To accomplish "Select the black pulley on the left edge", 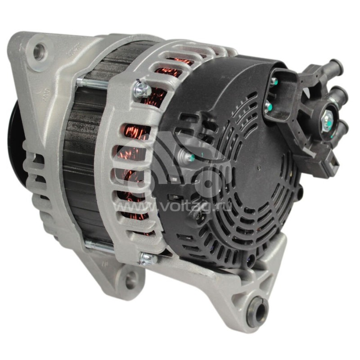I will click(14, 135).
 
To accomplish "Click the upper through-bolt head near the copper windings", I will click(142, 89).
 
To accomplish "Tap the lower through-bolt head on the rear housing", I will click(147, 259).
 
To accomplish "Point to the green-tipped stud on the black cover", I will click(189, 157).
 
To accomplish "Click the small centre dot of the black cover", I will click(260, 167).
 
